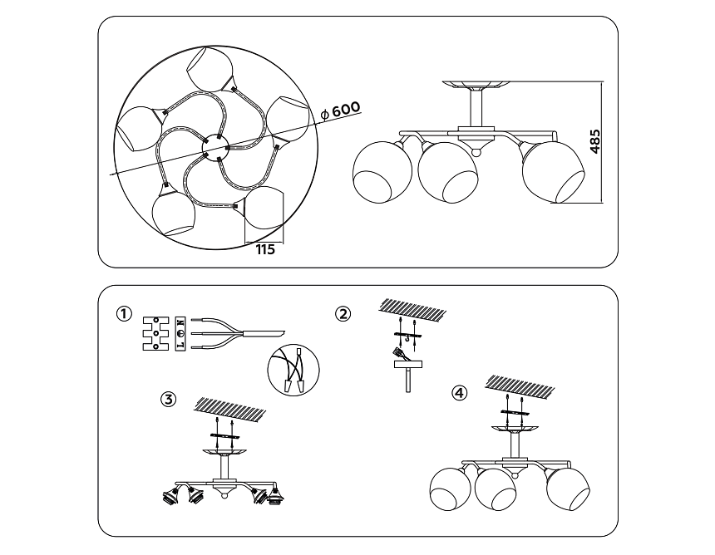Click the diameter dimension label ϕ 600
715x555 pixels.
[x=340, y=110]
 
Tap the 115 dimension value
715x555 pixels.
[x=265, y=250]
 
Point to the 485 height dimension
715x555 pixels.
[x=594, y=142]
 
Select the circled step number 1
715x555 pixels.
[x=124, y=314]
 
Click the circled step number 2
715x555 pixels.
[x=343, y=314]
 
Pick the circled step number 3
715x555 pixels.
[x=168, y=400]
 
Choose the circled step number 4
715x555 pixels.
[x=459, y=392]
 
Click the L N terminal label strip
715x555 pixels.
[x=180, y=333]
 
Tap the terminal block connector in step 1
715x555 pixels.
[x=156, y=333]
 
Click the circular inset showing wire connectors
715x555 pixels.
[x=293, y=370]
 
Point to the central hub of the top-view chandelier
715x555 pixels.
[x=215, y=147]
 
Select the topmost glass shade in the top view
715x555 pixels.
[x=210, y=68]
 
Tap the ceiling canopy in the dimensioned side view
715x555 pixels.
[x=476, y=86]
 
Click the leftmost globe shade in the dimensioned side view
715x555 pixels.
[x=382, y=172]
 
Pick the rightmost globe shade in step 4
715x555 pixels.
[x=568, y=488]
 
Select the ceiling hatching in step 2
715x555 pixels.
[x=412, y=308]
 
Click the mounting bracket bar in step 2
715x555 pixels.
[x=407, y=336]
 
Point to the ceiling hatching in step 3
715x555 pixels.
[x=229, y=408]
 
